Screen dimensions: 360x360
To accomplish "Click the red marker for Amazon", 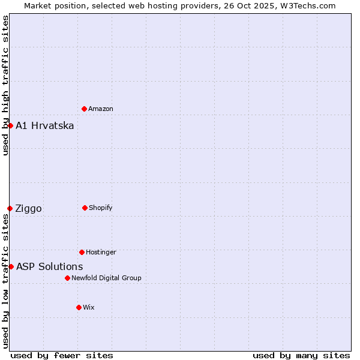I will tap(84, 109).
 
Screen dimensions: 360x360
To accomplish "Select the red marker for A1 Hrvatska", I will tap(10, 125).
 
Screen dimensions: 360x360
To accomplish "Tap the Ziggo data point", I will tap(10, 208).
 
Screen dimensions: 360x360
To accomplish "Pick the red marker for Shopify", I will tap(85, 208).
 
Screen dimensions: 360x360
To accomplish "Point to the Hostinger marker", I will tap(82, 252).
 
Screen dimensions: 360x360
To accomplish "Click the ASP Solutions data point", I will tap(11, 266).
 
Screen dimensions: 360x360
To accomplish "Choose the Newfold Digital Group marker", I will tap(67, 278).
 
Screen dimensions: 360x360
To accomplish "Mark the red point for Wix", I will tap(79, 307).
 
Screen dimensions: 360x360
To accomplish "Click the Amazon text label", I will tap(101, 109).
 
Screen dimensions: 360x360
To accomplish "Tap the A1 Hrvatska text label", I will tap(45, 125).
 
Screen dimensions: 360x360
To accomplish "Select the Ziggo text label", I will tap(28, 208).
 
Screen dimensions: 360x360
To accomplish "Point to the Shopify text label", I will tap(101, 208).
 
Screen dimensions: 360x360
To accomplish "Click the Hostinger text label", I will tap(101, 252).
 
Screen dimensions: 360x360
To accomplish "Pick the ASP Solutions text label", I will tap(50, 266).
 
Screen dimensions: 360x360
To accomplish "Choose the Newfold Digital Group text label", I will tap(107, 278).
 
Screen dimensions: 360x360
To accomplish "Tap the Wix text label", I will tap(89, 307).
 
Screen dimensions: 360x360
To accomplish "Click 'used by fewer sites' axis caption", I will tap(62, 355).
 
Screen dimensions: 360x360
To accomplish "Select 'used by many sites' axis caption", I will tap(301, 355).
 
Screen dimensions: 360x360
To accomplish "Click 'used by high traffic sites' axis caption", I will tap(5, 85).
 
